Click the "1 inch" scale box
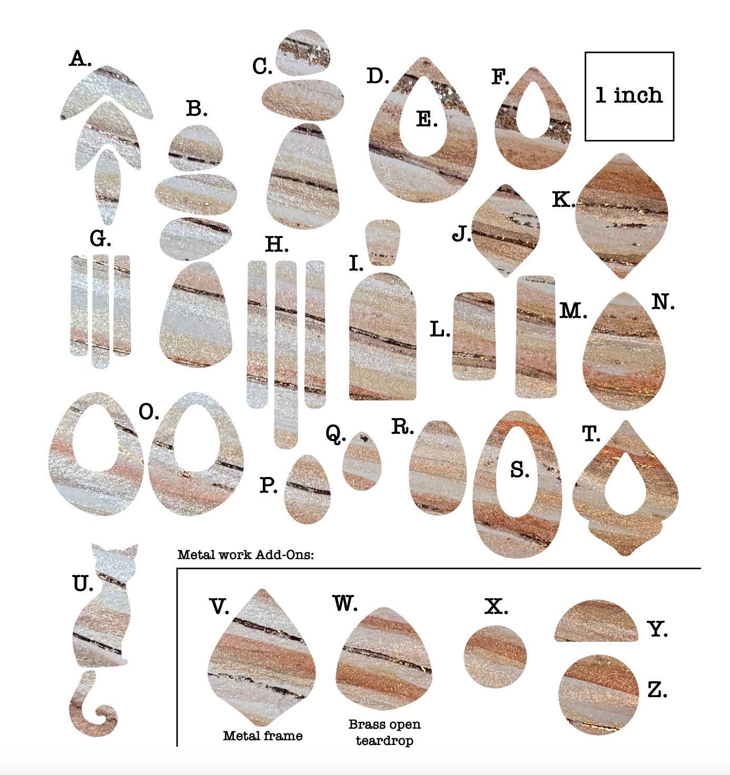629,96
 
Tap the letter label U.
82,583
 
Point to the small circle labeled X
495,656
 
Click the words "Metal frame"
263,736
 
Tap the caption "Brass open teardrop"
384,732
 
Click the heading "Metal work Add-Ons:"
245,554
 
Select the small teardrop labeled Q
362,462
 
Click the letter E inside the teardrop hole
427,120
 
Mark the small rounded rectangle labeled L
474,336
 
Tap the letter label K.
563,200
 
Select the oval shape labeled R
438,468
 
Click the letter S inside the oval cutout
519,470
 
